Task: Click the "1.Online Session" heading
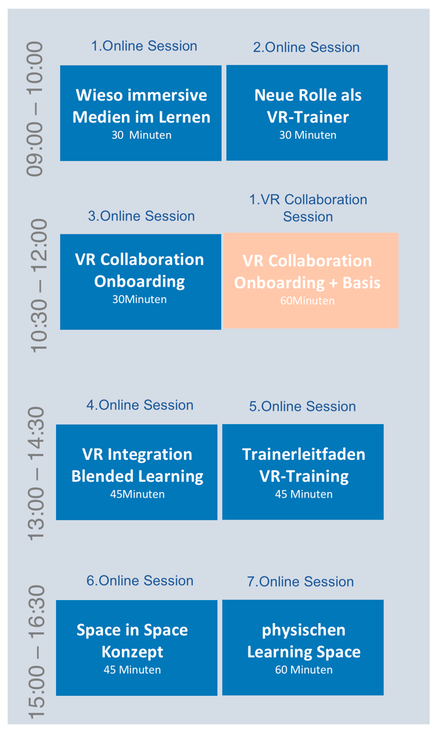click(144, 46)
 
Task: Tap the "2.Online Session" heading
click(307, 47)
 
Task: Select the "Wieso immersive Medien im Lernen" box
click(141, 113)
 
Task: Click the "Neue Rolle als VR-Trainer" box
click(307, 113)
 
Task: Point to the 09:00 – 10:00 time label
click(35, 109)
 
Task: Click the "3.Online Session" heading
click(142, 216)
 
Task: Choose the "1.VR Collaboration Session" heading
click(308, 208)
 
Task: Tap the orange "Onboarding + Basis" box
click(311, 280)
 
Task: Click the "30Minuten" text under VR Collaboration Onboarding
click(140, 299)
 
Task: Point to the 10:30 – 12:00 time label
click(39, 285)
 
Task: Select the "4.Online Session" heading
click(140, 405)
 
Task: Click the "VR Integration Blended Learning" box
click(136, 472)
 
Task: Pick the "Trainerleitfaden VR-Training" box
click(303, 472)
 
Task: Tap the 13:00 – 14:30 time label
click(36, 474)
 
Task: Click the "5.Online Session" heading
click(302, 406)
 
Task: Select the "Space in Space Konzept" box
click(136, 648)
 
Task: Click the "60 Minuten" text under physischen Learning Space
click(304, 670)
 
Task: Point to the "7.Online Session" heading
click(301, 582)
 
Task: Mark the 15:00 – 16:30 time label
click(36, 652)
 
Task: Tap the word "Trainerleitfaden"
click(304, 454)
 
